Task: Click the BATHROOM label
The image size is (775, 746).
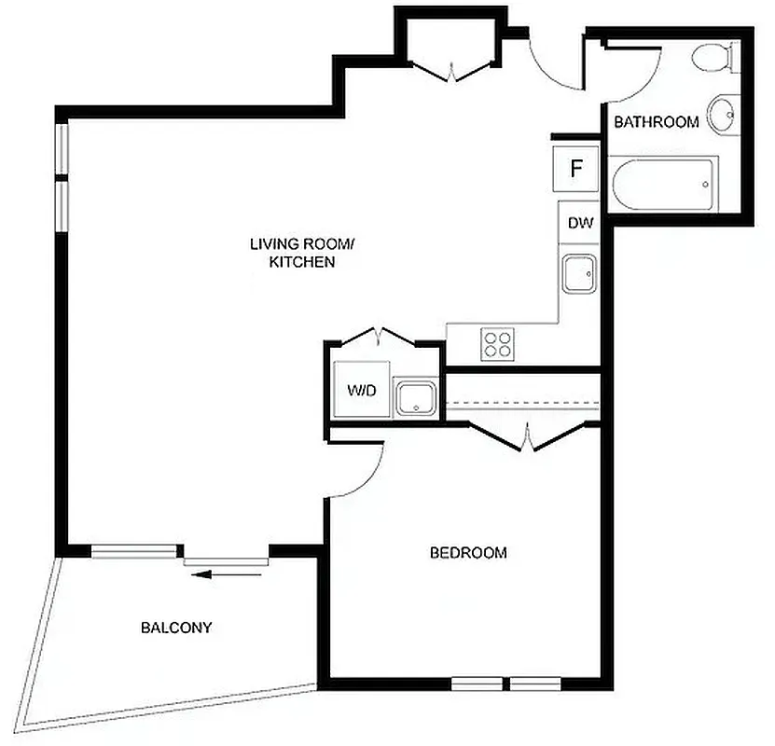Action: pyautogui.click(x=656, y=122)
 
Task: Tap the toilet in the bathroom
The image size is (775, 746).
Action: pyautogui.click(x=716, y=58)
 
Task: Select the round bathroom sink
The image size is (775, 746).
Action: pyautogui.click(x=722, y=115)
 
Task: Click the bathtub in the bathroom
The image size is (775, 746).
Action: pyautogui.click(x=663, y=184)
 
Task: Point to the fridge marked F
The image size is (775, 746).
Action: pyautogui.click(x=575, y=169)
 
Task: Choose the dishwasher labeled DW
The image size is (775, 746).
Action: pyautogui.click(x=580, y=224)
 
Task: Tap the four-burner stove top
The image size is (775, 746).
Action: pyautogui.click(x=498, y=344)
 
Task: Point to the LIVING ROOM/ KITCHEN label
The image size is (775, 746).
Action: pyautogui.click(x=302, y=254)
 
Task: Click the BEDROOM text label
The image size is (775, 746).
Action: pyautogui.click(x=468, y=553)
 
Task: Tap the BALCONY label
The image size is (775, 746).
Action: pyautogui.click(x=176, y=628)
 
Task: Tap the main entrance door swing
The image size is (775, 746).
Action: pyautogui.click(x=550, y=67)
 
